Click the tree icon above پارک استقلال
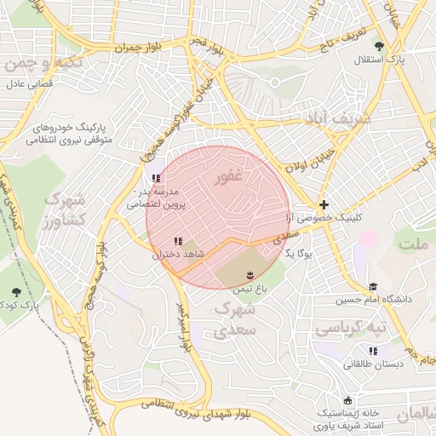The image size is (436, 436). pyautogui.click(x=379, y=46)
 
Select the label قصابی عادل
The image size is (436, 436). pyautogui.click(x=31, y=84)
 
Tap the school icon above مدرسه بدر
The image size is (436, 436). pyautogui.click(x=154, y=178)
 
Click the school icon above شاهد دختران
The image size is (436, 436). pyautogui.click(x=177, y=242)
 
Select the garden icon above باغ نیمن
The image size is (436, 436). pyautogui.click(x=250, y=274)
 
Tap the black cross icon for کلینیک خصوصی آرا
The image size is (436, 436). pyautogui.click(x=324, y=204)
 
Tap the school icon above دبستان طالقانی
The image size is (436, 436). pyautogui.click(x=371, y=350)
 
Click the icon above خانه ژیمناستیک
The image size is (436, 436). pyautogui.click(x=347, y=400)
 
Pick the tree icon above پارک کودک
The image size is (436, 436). pyautogui.click(x=15, y=291)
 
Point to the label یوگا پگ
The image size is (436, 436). pyautogui.click(x=300, y=254)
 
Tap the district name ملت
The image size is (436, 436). pyautogui.click(x=416, y=244)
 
